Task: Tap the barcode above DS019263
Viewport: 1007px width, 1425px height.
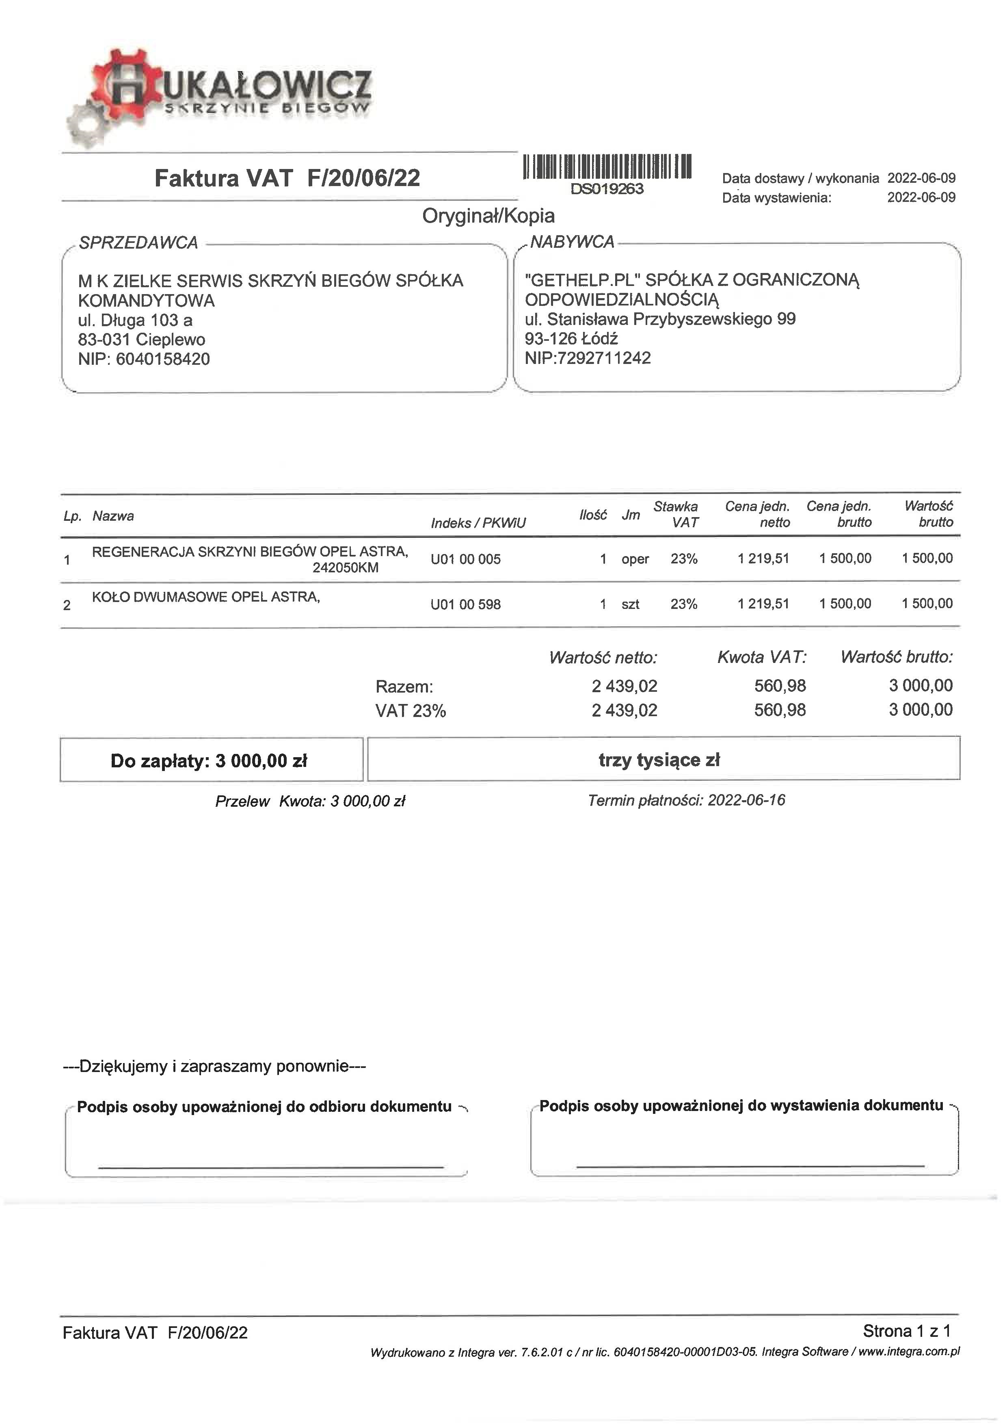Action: [607, 166]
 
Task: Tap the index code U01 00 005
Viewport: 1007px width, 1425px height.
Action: [465, 559]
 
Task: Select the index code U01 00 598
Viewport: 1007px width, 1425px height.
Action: [465, 604]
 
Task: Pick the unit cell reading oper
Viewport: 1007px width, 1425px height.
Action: [635, 559]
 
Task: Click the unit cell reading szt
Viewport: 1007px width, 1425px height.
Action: [630, 604]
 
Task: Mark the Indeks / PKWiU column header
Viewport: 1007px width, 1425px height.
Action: [478, 523]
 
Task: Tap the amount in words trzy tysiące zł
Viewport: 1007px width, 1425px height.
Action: [659, 760]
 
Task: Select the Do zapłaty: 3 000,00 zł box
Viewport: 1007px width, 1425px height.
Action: [211, 761]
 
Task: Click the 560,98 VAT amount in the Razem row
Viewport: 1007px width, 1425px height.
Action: [780, 686]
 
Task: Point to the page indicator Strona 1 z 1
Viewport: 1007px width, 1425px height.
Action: [906, 1331]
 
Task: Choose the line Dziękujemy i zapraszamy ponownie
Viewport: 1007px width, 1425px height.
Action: [215, 1066]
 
